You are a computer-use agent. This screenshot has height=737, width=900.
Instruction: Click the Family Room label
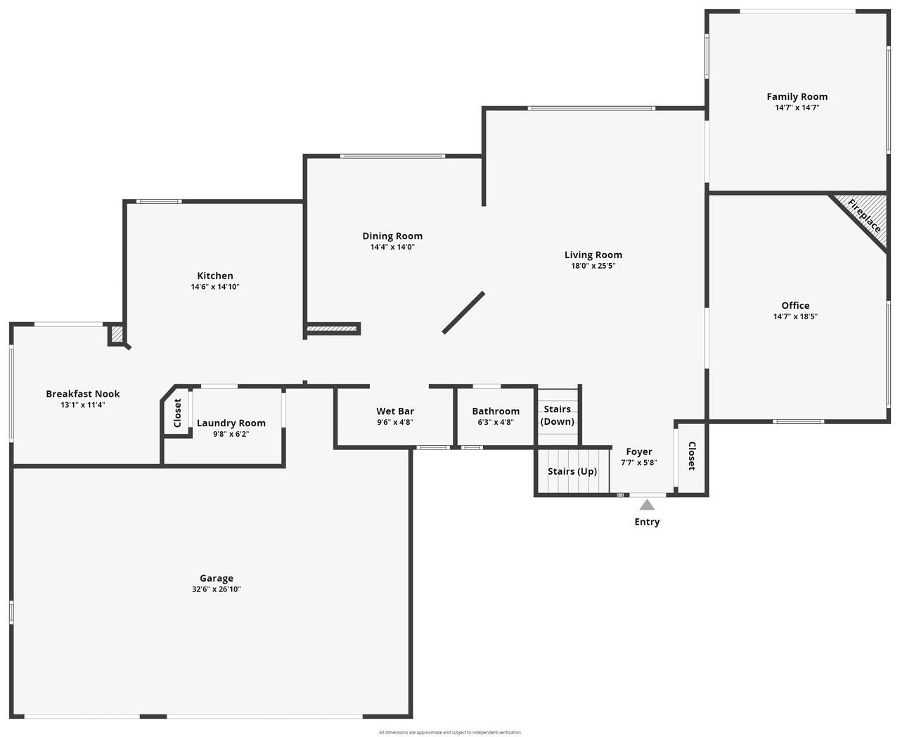[x=797, y=97]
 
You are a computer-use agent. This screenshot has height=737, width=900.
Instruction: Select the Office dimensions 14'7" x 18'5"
[x=795, y=316]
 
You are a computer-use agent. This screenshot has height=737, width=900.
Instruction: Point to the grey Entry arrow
[x=647, y=505]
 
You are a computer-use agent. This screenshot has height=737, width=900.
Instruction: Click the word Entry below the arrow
[x=647, y=522]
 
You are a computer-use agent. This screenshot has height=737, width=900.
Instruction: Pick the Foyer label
[x=639, y=451]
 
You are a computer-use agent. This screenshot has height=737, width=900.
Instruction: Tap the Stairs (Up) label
[x=572, y=471]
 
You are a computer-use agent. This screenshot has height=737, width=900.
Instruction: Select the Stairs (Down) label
[x=558, y=416]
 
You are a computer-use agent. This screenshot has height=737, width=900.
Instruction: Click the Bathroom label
[x=496, y=411]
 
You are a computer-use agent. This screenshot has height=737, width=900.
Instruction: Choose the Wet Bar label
[x=395, y=411]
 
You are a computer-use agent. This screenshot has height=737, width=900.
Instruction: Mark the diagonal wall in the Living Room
[x=463, y=312]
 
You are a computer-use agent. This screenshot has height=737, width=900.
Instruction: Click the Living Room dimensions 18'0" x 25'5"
[x=593, y=266]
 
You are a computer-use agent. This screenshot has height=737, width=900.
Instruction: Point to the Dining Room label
[x=392, y=236]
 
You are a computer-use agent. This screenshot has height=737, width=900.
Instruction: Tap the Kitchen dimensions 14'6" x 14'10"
[x=215, y=287]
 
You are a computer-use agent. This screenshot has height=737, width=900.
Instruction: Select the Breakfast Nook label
[x=83, y=394]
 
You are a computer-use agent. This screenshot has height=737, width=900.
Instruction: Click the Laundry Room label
[x=231, y=423]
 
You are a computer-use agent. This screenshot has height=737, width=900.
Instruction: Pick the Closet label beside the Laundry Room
[x=177, y=413]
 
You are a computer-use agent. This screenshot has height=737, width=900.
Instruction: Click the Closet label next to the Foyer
[x=692, y=456]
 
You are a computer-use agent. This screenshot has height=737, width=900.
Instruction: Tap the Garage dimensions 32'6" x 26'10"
[x=216, y=589]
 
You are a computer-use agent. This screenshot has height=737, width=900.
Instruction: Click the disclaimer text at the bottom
[x=450, y=732]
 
